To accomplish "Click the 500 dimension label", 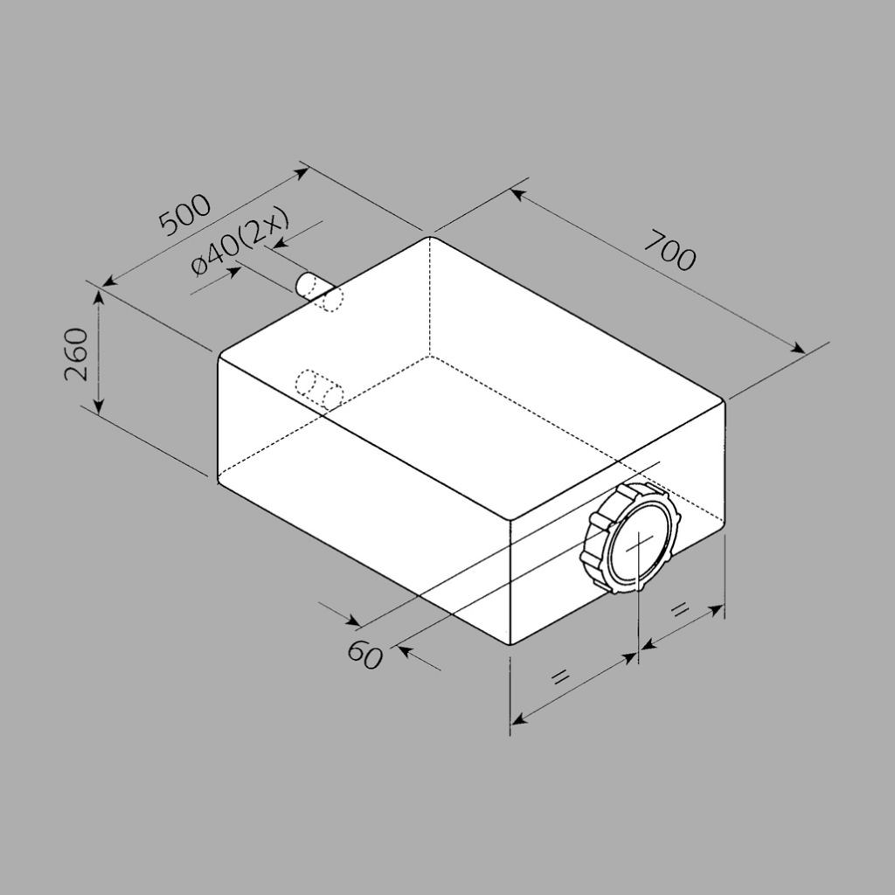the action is [x=184, y=215].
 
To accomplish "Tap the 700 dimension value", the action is [x=670, y=251].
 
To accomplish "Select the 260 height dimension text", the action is [x=77, y=354].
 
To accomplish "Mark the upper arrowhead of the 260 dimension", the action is [x=99, y=298].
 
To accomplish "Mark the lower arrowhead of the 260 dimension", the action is [x=99, y=406].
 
